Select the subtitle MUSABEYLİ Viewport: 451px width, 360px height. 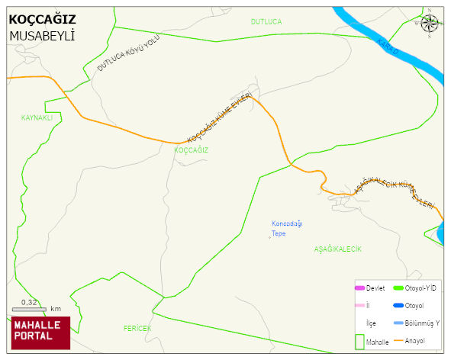coord(41,36)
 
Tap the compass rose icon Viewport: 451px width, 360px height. coord(430,24)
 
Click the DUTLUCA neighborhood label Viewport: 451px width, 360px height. coord(266,22)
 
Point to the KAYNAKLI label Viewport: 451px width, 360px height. coord(37,118)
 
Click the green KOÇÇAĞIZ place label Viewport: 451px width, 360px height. coord(191,150)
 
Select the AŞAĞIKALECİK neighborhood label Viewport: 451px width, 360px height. coord(337,249)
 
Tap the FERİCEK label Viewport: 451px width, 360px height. coord(137,328)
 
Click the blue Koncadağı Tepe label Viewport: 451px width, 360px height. coord(287,228)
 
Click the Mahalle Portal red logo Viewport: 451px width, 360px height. coord(40,333)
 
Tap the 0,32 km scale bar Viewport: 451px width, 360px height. coord(31,308)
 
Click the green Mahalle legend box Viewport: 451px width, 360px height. coord(359,342)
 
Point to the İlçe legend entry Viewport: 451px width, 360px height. coord(371,323)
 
